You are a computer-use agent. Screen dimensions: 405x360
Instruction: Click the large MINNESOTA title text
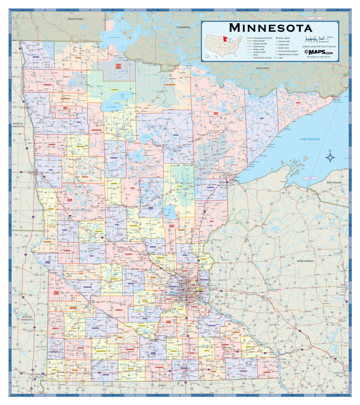[x=270, y=28]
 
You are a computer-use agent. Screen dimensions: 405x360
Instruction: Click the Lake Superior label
[x=310, y=139]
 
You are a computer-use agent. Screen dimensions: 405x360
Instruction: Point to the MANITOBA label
[x=75, y=19]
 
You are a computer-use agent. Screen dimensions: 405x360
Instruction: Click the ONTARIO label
[x=262, y=68]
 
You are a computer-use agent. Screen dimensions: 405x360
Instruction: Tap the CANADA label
[x=184, y=27]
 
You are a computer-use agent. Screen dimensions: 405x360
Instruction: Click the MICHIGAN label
[x=334, y=183]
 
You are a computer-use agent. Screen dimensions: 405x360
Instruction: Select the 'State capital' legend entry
[x=284, y=38]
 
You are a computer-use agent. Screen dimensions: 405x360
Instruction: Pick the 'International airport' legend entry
[x=287, y=51]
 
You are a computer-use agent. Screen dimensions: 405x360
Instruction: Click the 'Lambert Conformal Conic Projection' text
[x=319, y=47]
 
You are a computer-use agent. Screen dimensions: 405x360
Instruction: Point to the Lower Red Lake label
[x=111, y=107]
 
